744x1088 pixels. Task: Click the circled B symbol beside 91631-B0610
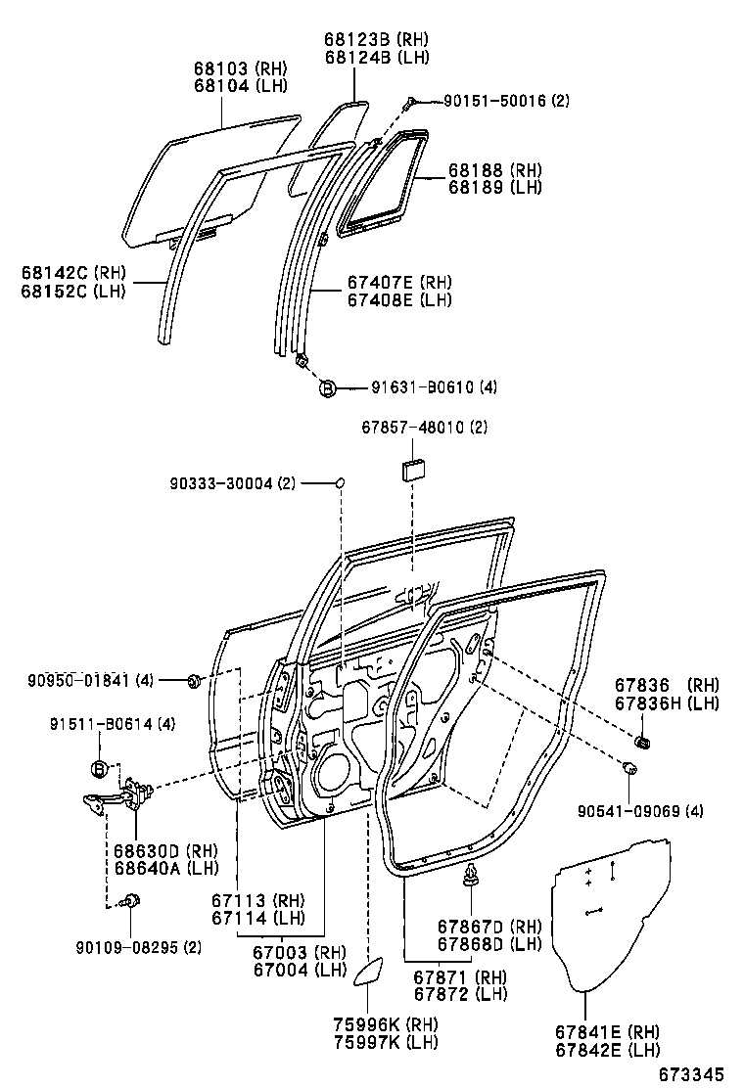tap(328, 388)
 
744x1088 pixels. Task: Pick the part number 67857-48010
tap(410, 428)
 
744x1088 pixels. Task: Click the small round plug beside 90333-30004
tap(341, 482)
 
